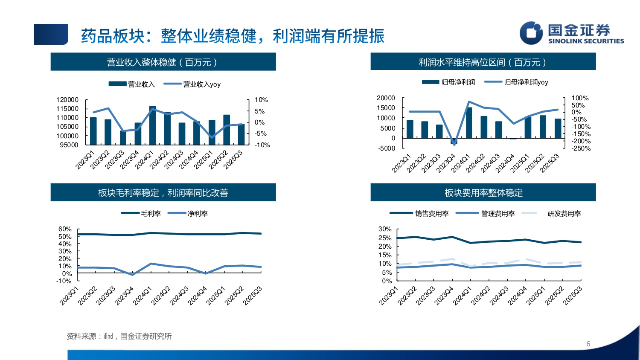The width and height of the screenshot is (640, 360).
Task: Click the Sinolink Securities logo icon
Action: tap(531, 33)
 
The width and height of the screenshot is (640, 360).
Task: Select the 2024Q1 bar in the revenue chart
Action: tap(152, 125)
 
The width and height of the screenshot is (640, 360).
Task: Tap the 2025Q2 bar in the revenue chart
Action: tap(227, 130)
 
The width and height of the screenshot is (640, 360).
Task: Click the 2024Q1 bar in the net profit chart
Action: tap(469, 122)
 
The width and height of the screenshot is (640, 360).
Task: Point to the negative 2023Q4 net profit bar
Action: tap(454, 141)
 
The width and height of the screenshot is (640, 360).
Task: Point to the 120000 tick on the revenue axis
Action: tap(67, 100)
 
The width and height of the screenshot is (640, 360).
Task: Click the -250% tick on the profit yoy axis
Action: tap(581, 148)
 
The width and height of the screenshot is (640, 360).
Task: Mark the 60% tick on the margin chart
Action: tap(65, 229)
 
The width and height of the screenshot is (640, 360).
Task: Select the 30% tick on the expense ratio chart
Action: tap(385, 229)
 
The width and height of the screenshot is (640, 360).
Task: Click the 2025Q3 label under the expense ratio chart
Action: tap(573, 296)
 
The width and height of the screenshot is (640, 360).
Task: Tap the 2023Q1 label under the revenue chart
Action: tap(85, 160)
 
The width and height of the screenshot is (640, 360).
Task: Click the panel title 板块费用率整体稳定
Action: tap(483, 193)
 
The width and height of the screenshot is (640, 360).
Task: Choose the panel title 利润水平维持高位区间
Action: tap(483, 62)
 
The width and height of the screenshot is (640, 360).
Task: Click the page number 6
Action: tap(588, 344)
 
